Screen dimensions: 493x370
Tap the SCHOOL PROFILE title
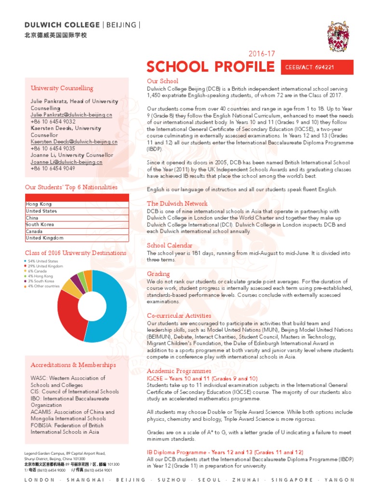211,67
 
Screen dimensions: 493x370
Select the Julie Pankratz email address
71,116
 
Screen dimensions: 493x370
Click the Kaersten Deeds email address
74,142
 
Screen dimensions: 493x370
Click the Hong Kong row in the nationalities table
77,204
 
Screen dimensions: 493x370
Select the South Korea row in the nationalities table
77,224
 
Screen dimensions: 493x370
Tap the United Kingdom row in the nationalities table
77,238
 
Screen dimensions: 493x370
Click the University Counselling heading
62,88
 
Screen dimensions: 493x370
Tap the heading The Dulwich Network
177,204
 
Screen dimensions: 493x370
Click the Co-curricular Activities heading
179,315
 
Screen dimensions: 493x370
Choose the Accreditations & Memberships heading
73,365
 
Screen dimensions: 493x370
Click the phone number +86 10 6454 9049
53,169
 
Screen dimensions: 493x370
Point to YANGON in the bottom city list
339,480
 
